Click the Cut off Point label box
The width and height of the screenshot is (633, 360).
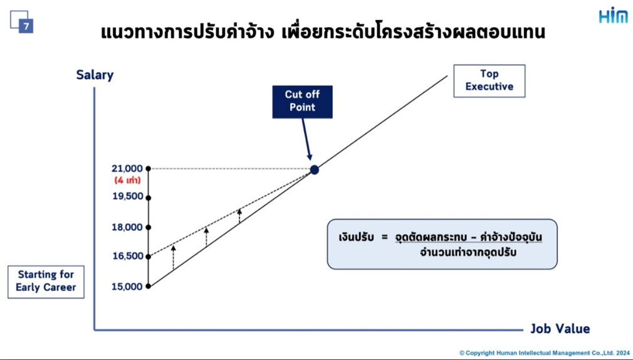[x=302, y=102]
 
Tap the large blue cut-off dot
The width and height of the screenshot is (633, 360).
[x=315, y=170]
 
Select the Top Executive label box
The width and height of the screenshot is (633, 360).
[x=489, y=81]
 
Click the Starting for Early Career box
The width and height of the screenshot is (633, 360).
[x=46, y=282]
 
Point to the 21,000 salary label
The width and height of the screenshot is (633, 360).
[x=127, y=169]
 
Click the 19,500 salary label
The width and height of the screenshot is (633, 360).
[x=128, y=196]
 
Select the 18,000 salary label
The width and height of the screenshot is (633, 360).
[x=127, y=227]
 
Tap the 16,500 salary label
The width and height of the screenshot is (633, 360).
[x=128, y=256]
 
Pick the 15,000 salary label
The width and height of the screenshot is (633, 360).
[x=127, y=287]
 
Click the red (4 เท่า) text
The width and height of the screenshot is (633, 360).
[x=128, y=180]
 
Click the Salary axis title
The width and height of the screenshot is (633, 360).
[x=95, y=75]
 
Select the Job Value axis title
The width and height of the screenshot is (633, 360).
[x=560, y=329]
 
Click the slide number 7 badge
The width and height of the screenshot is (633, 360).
[x=26, y=26]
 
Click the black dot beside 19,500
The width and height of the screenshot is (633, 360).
[x=148, y=198]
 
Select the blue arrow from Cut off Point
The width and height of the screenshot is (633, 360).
[x=306, y=139]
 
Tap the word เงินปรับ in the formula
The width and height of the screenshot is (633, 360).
[x=356, y=237]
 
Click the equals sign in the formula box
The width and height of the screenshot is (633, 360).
[x=384, y=237]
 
